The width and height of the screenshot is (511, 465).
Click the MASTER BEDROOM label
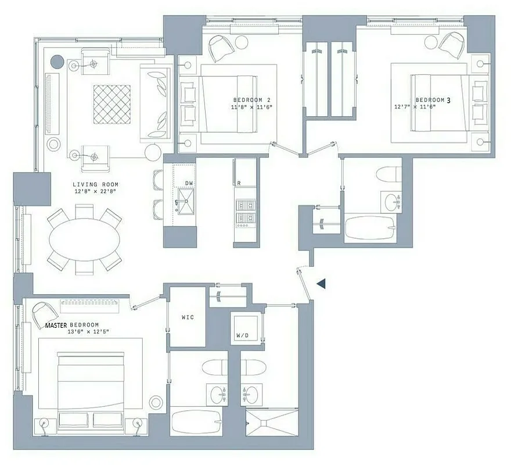pos(72,325)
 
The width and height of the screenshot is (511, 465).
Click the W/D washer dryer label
pos(243,335)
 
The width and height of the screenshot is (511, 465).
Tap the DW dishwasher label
pos(189,183)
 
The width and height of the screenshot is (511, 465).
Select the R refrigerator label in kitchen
pos(238,183)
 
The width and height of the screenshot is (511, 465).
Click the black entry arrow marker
pos(321,283)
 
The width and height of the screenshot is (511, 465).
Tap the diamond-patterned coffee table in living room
pos(112,104)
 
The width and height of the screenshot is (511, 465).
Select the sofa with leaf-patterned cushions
pos(156,102)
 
